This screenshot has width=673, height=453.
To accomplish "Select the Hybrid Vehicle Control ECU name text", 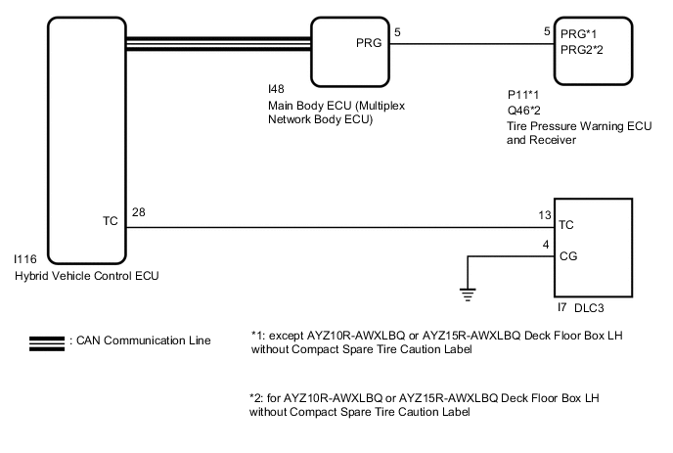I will tap(85, 277).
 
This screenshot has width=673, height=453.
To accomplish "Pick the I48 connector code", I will tap(277, 89).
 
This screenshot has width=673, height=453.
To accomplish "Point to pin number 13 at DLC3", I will tap(545, 215).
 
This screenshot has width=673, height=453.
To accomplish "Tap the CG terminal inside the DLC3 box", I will tap(566, 257).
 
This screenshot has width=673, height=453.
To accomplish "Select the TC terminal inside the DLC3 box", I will tap(565, 225).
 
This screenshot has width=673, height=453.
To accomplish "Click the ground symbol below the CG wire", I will tap(468, 293).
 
